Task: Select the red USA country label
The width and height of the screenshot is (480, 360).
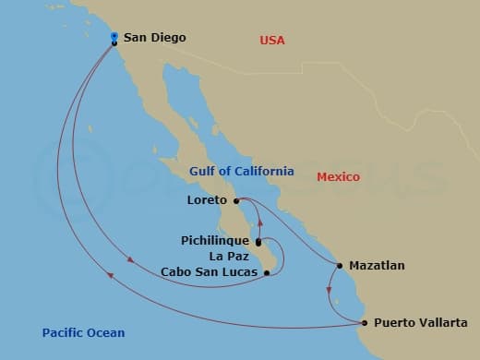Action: [x=272, y=40]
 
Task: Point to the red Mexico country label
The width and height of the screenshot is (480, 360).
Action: [x=338, y=176]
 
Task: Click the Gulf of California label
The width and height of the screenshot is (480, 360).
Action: [x=242, y=171]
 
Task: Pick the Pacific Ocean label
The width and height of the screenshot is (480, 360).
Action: [x=83, y=332]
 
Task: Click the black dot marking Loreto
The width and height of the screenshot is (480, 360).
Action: [x=236, y=200]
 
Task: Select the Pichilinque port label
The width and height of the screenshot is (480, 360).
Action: [x=214, y=241]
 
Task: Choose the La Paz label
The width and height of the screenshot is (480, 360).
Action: [x=229, y=256]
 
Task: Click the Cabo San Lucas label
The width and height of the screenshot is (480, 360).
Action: [x=209, y=271]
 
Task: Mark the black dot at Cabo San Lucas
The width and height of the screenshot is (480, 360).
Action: [x=266, y=271]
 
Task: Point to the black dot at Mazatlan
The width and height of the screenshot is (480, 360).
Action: [x=338, y=266]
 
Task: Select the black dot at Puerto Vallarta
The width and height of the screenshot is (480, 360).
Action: [x=365, y=323]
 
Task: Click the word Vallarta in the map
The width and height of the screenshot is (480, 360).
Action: [x=442, y=323]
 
